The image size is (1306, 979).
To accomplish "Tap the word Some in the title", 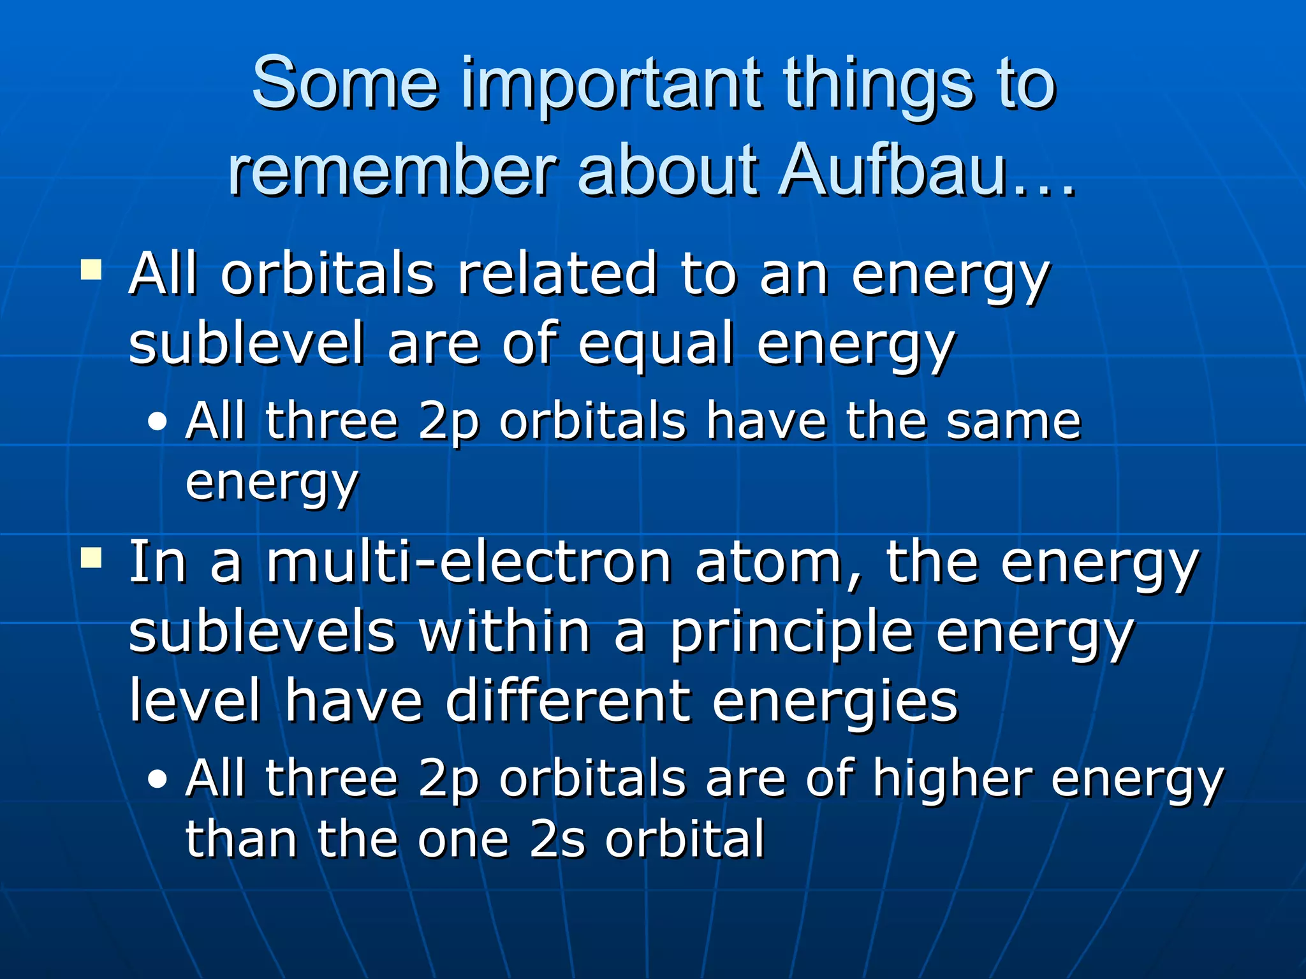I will [345, 83].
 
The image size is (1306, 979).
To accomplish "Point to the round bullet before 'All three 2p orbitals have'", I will [158, 422].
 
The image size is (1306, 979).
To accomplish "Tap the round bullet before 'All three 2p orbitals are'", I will [158, 779].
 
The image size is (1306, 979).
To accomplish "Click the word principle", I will [791, 634].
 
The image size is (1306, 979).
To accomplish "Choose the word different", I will [568, 701].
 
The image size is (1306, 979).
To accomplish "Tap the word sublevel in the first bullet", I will [246, 344].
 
